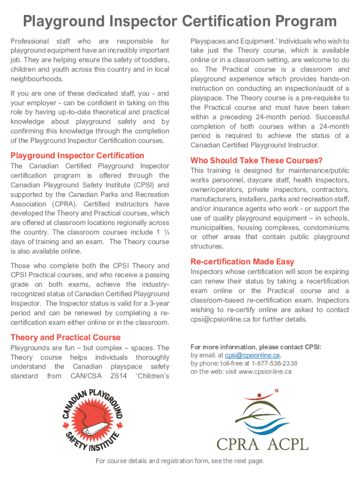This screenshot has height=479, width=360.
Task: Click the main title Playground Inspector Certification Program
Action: point(180,22)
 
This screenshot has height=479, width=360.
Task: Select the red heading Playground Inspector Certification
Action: point(77,156)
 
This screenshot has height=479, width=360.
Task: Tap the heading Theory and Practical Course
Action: point(65,337)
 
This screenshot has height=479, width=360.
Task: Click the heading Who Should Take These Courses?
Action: point(256,160)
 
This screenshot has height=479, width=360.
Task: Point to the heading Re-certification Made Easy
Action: point(242,261)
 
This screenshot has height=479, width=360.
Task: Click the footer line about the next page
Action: point(180,461)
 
